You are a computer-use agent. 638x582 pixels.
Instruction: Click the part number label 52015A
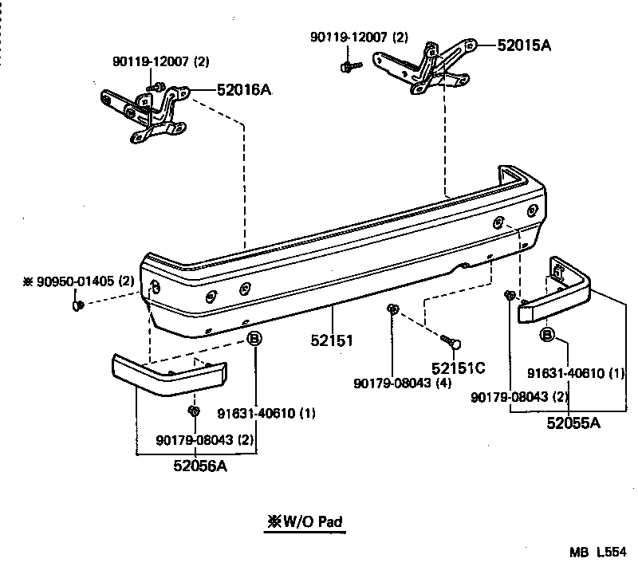[524, 45]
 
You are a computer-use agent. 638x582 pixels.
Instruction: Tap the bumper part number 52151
[332, 340]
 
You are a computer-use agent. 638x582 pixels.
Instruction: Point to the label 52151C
[459, 368]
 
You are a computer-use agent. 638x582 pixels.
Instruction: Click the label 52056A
[200, 466]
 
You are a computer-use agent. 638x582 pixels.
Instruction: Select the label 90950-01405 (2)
[78, 281]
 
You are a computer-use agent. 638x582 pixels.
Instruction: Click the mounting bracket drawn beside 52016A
[148, 114]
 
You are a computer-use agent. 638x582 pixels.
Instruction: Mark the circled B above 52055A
[547, 334]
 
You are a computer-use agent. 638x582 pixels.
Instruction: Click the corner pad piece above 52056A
[167, 376]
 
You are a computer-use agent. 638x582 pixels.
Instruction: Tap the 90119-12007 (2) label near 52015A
[360, 37]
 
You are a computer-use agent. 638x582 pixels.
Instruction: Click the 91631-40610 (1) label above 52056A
[266, 413]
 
